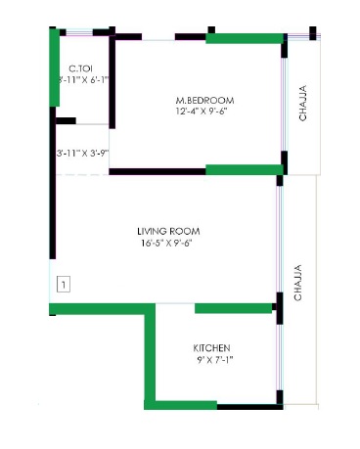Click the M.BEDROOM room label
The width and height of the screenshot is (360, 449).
(204, 100)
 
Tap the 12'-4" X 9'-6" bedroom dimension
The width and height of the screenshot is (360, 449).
(202, 111)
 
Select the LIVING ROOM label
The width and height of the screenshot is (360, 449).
(168, 231)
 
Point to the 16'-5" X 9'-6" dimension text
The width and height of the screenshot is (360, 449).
(166, 243)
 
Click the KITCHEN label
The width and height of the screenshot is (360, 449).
(211, 348)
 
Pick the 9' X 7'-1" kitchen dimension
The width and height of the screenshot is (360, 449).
(215, 360)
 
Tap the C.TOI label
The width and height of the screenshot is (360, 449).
(80, 68)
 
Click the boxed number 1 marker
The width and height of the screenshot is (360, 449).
(64, 285)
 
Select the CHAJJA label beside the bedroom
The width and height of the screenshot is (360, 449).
(302, 103)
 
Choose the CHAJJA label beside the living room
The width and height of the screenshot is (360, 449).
(297, 283)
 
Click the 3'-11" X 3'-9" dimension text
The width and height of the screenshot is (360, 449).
(82, 153)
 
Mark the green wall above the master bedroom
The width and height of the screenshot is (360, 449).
(245, 38)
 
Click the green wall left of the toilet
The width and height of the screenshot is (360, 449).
(54, 67)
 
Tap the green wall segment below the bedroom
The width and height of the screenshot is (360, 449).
(245, 170)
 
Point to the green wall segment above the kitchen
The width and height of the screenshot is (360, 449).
(233, 308)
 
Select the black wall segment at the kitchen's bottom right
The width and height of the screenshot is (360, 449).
(249, 407)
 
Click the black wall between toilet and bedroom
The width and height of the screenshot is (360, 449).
(112, 81)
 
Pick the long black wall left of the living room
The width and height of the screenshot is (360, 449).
(53, 183)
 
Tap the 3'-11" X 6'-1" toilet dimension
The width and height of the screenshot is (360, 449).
(83, 79)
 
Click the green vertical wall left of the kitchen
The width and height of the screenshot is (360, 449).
(150, 356)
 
